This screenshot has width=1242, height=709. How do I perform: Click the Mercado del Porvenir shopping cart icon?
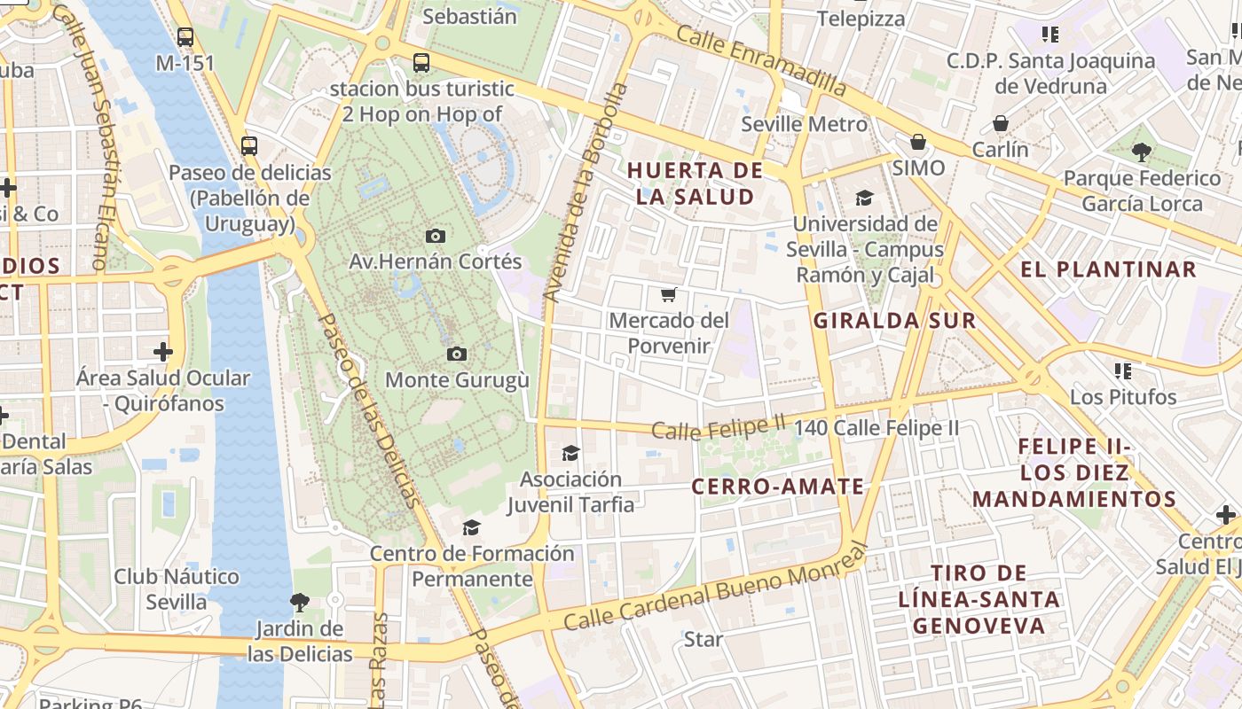pos(669,294)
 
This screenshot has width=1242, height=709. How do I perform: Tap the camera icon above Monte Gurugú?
pos(457,354)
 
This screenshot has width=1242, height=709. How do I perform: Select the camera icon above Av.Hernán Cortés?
pos(435,236)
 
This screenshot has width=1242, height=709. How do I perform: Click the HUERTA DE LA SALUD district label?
pos(696,183)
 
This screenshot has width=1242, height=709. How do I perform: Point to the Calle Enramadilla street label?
pos(761,61)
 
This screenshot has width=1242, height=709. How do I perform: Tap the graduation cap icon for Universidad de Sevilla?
pos(864,198)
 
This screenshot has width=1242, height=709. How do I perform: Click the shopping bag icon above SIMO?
pos(918,142)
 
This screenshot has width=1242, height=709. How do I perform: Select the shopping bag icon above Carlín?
pos(1001,123)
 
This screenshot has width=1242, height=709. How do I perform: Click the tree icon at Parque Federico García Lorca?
pos(1142,152)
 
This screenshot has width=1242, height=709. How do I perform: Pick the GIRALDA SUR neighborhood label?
pos(894,321)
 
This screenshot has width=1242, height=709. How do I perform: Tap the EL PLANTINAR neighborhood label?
pos(1108,269)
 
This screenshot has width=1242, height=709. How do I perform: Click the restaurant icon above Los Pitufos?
pos(1123,370)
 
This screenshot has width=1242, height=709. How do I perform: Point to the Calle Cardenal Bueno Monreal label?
pos(714,589)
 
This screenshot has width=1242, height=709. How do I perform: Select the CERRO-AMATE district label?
pos(777,487)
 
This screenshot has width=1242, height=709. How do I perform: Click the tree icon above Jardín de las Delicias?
pos(300,603)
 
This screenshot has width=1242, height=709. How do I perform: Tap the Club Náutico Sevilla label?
pos(177,589)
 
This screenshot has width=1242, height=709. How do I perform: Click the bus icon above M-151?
pos(185,37)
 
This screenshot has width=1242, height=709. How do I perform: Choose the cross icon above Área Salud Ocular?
pos(163,352)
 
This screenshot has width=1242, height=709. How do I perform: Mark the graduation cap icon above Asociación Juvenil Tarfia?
pos(570,454)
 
